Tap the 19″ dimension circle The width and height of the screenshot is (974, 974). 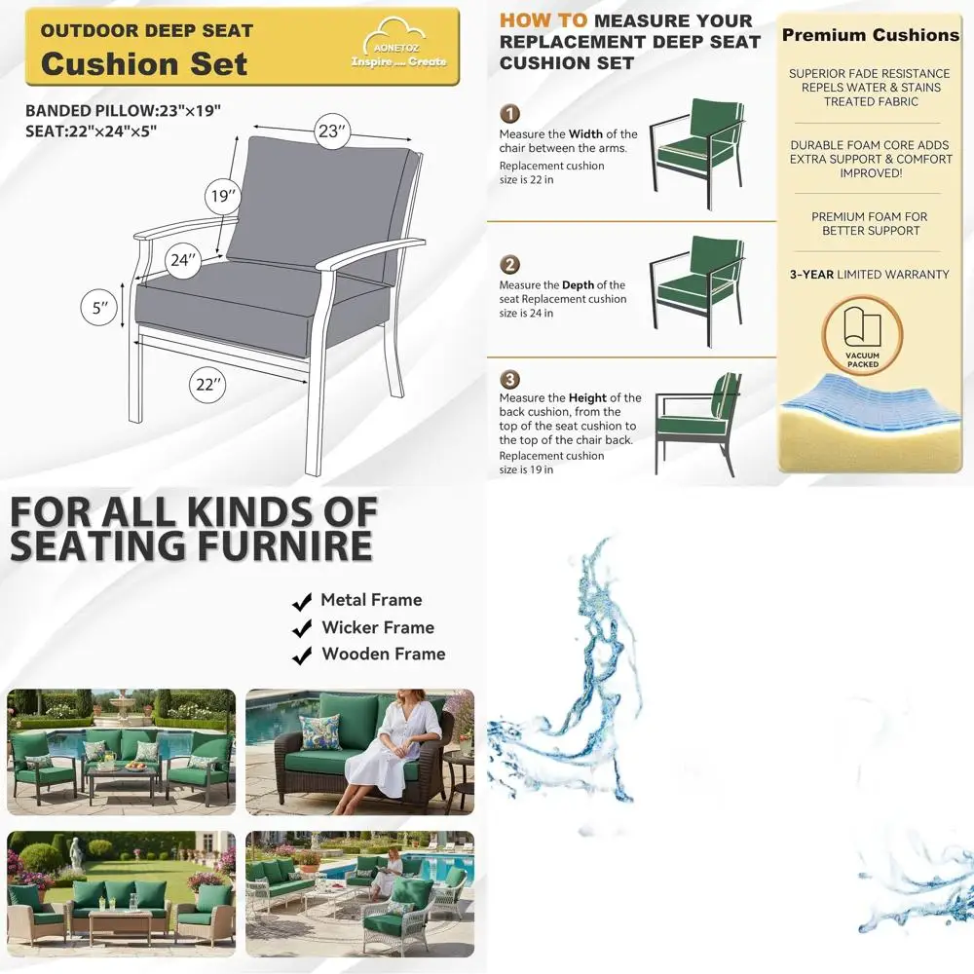coord(223,197)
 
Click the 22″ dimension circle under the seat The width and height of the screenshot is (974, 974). coord(206,385)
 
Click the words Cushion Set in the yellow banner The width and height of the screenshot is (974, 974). coord(144,64)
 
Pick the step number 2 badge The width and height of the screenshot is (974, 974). coord(510,265)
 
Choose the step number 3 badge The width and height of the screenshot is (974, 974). coord(510,379)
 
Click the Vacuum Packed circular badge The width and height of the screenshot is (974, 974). coord(863,337)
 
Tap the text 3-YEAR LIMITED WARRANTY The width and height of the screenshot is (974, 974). coord(869,275)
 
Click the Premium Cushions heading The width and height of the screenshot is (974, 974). coord(870,35)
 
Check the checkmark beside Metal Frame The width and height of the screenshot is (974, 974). coord(302,601)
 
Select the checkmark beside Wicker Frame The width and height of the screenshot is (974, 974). coord(302,628)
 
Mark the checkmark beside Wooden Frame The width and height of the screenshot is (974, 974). coord(302,655)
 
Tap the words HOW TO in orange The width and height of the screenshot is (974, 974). coord(543,20)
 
